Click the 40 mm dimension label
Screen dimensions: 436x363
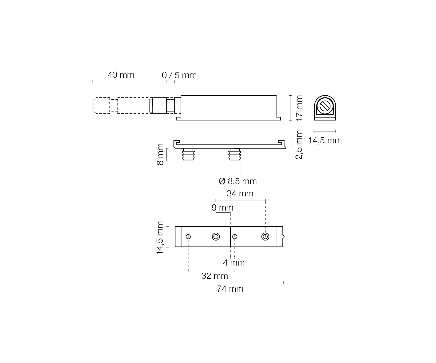point(121,75)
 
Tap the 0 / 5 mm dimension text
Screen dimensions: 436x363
point(179,75)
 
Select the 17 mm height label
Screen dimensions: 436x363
point(299,108)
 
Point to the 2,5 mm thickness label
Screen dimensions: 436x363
point(299,145)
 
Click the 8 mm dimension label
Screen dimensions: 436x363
point(160,154)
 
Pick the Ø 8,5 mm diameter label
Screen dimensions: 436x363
point(238,181)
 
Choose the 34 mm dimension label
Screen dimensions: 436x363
point(240,193)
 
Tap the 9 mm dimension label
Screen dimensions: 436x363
point(222,207)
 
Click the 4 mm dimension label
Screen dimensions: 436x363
point(234,263)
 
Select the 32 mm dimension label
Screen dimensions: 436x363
point(215,276)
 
